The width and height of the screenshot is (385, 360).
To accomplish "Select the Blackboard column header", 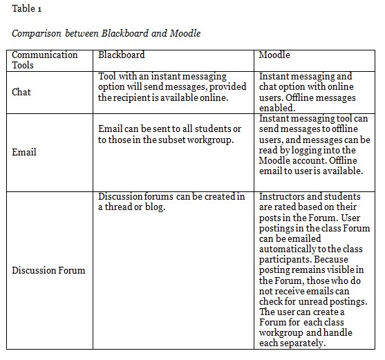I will [121, 55].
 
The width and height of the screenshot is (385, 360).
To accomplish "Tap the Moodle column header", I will [274, 55].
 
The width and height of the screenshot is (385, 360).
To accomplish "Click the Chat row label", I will [21, 92].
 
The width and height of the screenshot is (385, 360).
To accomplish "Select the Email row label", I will [24, 152].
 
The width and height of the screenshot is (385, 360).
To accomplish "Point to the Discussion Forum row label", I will [48, 269].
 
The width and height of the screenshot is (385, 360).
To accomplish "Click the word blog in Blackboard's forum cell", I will [155, 207].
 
